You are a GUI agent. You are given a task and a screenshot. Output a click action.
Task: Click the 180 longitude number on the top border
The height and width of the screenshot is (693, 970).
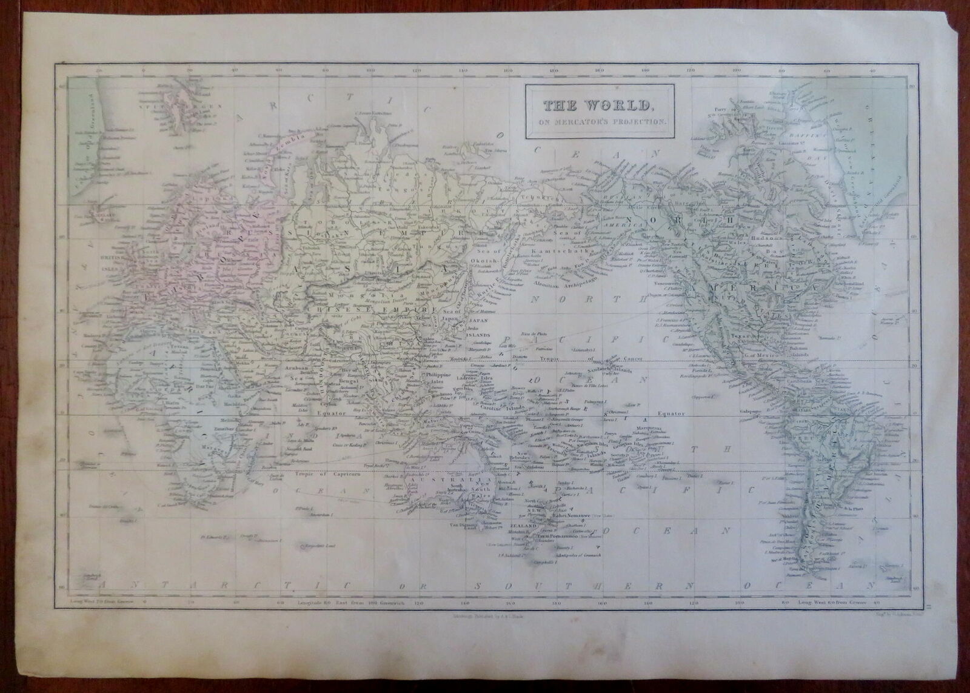coord(554,72)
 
